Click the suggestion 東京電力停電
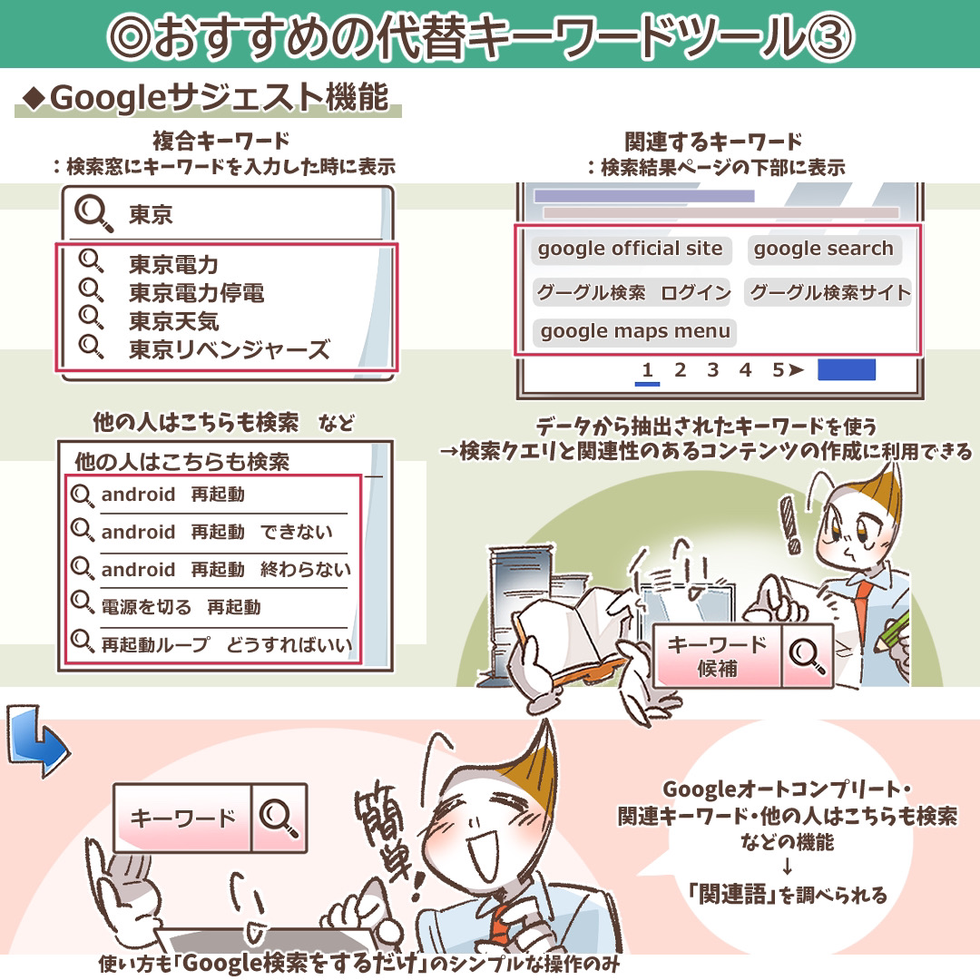point(196,292)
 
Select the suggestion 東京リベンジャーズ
point(229,349)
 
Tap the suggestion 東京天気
point(173,321)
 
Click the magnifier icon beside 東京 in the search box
point(93,213)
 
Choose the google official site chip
point(630,249)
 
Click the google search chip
point(824,249)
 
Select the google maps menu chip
point(635,331)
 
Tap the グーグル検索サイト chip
point(828,292)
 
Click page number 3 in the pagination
point(712,370)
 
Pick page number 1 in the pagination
point(648,370)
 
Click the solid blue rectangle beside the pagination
point(847,369)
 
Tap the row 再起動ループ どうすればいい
point(212,644)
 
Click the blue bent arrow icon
point(37,741)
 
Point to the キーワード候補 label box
point(717,656)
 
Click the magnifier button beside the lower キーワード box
point(279,818)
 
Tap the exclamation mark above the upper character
point(790,524)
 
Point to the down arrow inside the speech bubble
point(787,867)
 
